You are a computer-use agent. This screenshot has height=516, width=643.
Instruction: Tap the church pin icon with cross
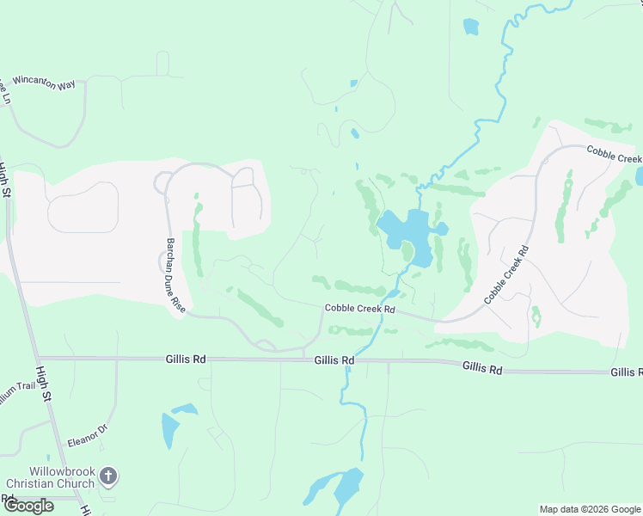pos(108,475)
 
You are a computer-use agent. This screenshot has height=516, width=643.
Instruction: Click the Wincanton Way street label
pos(44,84)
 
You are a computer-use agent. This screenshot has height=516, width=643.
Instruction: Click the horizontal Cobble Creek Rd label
pos(359,309)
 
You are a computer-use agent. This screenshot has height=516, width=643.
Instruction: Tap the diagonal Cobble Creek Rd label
pos(506,274)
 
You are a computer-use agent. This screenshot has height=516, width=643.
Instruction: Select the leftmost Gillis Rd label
pos(184,359)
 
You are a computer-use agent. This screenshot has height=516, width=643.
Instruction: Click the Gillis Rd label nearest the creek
pos(334,360)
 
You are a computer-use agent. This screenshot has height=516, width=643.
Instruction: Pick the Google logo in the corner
pos(28,506)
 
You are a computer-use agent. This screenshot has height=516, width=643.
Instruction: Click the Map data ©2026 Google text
pos(589,509)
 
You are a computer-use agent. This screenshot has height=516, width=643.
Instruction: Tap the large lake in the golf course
pos(407,229)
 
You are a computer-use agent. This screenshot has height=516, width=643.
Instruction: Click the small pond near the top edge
pos(470,27)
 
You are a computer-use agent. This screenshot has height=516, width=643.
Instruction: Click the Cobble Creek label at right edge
pos(615,154)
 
